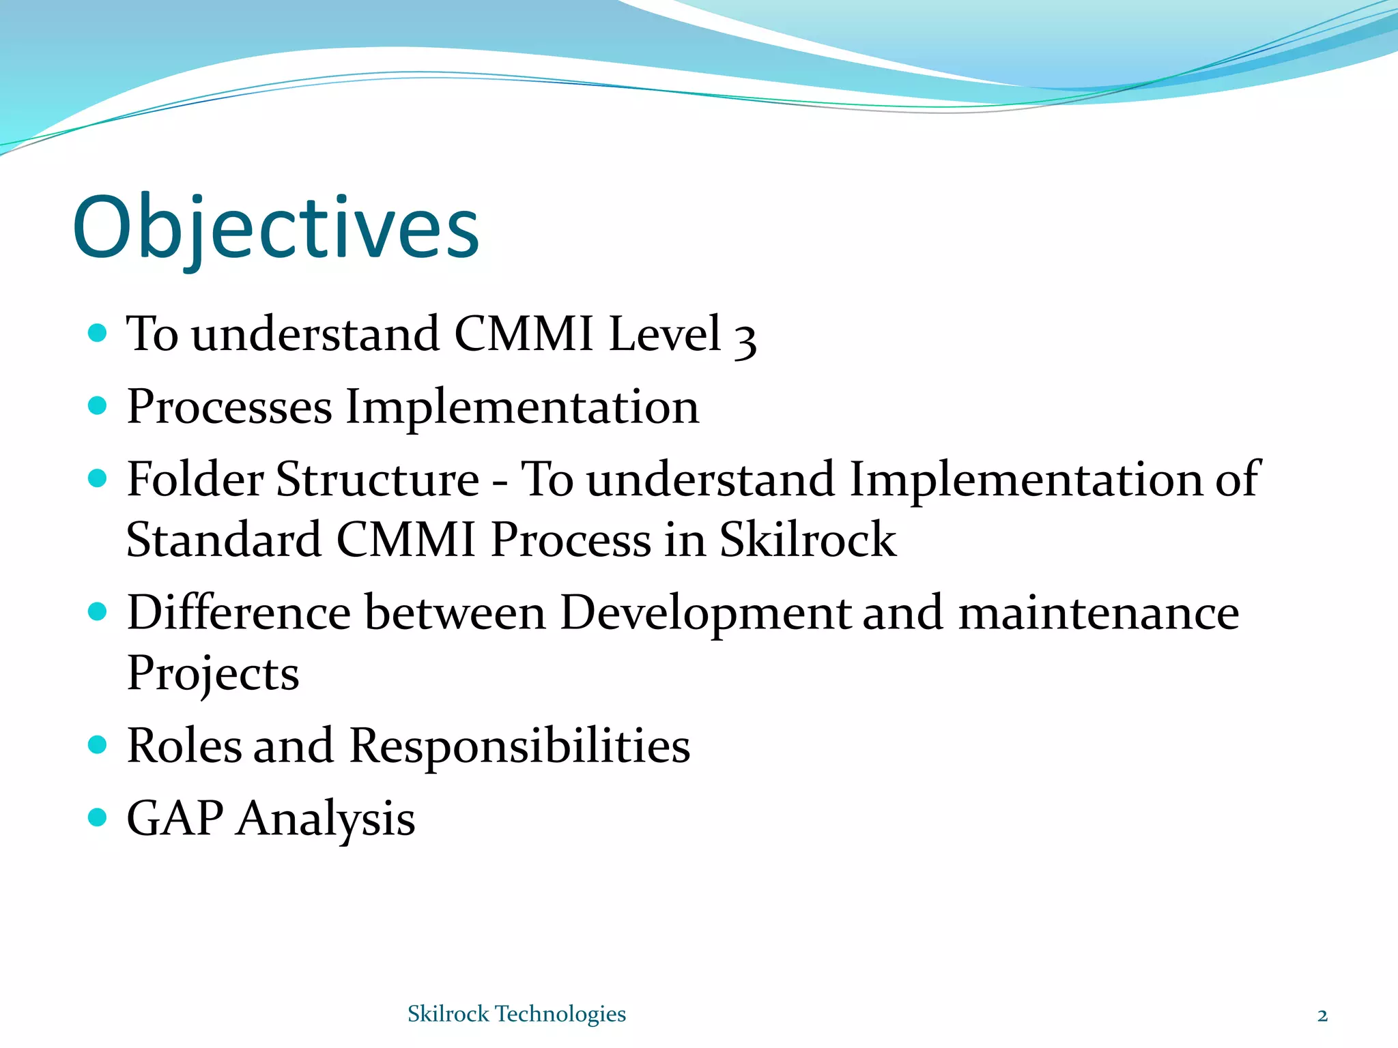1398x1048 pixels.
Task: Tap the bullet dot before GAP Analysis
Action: pos(98,817)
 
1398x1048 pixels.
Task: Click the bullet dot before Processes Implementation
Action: pos(98,406)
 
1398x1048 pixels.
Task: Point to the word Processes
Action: pos(229,407)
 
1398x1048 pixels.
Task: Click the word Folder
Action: pos(195,479)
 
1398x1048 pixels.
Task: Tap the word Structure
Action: pos(377,479)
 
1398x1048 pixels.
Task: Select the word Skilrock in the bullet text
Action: pos(808,540)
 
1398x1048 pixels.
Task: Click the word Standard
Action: pos(224,540)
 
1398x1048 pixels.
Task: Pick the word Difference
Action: pos(238,612)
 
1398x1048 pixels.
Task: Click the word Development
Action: pos(705,613)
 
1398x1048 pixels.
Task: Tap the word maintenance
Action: pos(1099,613)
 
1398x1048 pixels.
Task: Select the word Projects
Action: pos(213,674)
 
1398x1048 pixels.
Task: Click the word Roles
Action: pos(184,745)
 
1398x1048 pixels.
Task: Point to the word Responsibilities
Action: pos(519,746)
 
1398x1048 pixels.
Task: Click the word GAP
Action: pos(175,818)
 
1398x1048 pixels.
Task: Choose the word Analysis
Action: pos(326,819)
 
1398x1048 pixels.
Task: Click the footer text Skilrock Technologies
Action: pos(517,1014)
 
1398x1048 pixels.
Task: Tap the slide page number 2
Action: pos(1322,1016)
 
